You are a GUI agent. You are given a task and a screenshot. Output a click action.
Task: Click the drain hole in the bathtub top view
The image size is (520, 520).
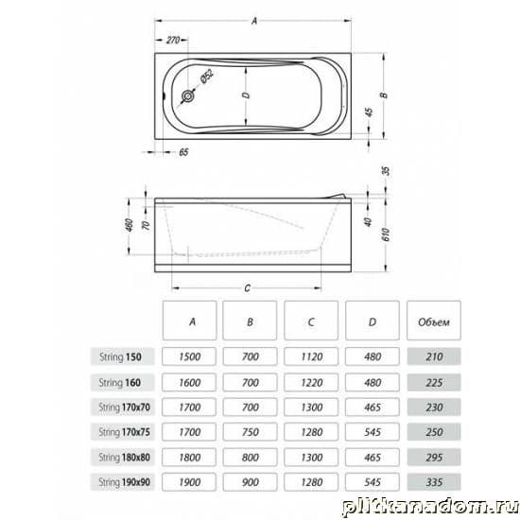[188, 96]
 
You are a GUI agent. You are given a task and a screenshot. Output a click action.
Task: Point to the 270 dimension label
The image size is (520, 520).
[173, 40]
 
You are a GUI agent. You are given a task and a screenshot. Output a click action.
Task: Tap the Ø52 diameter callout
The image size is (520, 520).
[206, 76]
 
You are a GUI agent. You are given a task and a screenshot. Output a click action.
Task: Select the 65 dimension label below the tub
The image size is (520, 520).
[183, 152]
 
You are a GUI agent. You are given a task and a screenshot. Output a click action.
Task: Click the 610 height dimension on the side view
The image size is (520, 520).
[386, 234]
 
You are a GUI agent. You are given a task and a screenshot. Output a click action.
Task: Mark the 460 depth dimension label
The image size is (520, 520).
[130, 225]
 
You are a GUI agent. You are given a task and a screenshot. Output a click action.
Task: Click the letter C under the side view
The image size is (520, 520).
[247, 288]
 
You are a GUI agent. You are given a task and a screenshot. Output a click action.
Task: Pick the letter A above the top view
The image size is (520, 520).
[254, 21]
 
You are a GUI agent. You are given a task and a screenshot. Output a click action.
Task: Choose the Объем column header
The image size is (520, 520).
[434, 321]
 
